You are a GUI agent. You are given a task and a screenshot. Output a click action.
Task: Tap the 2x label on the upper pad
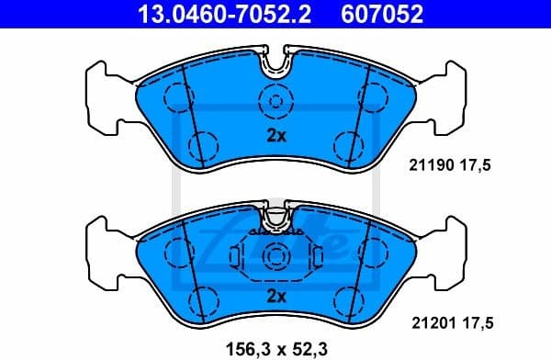point(276,137)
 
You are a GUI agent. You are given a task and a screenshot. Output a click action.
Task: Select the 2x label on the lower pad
point(276,295)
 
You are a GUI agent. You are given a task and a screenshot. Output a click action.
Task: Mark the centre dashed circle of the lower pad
point(274,254)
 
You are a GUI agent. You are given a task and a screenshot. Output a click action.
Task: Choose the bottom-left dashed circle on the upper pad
point(204,144)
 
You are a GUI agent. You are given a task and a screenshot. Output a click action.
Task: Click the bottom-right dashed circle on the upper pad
point(347,144)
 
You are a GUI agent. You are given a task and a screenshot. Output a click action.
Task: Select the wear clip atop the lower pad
point(275,219)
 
